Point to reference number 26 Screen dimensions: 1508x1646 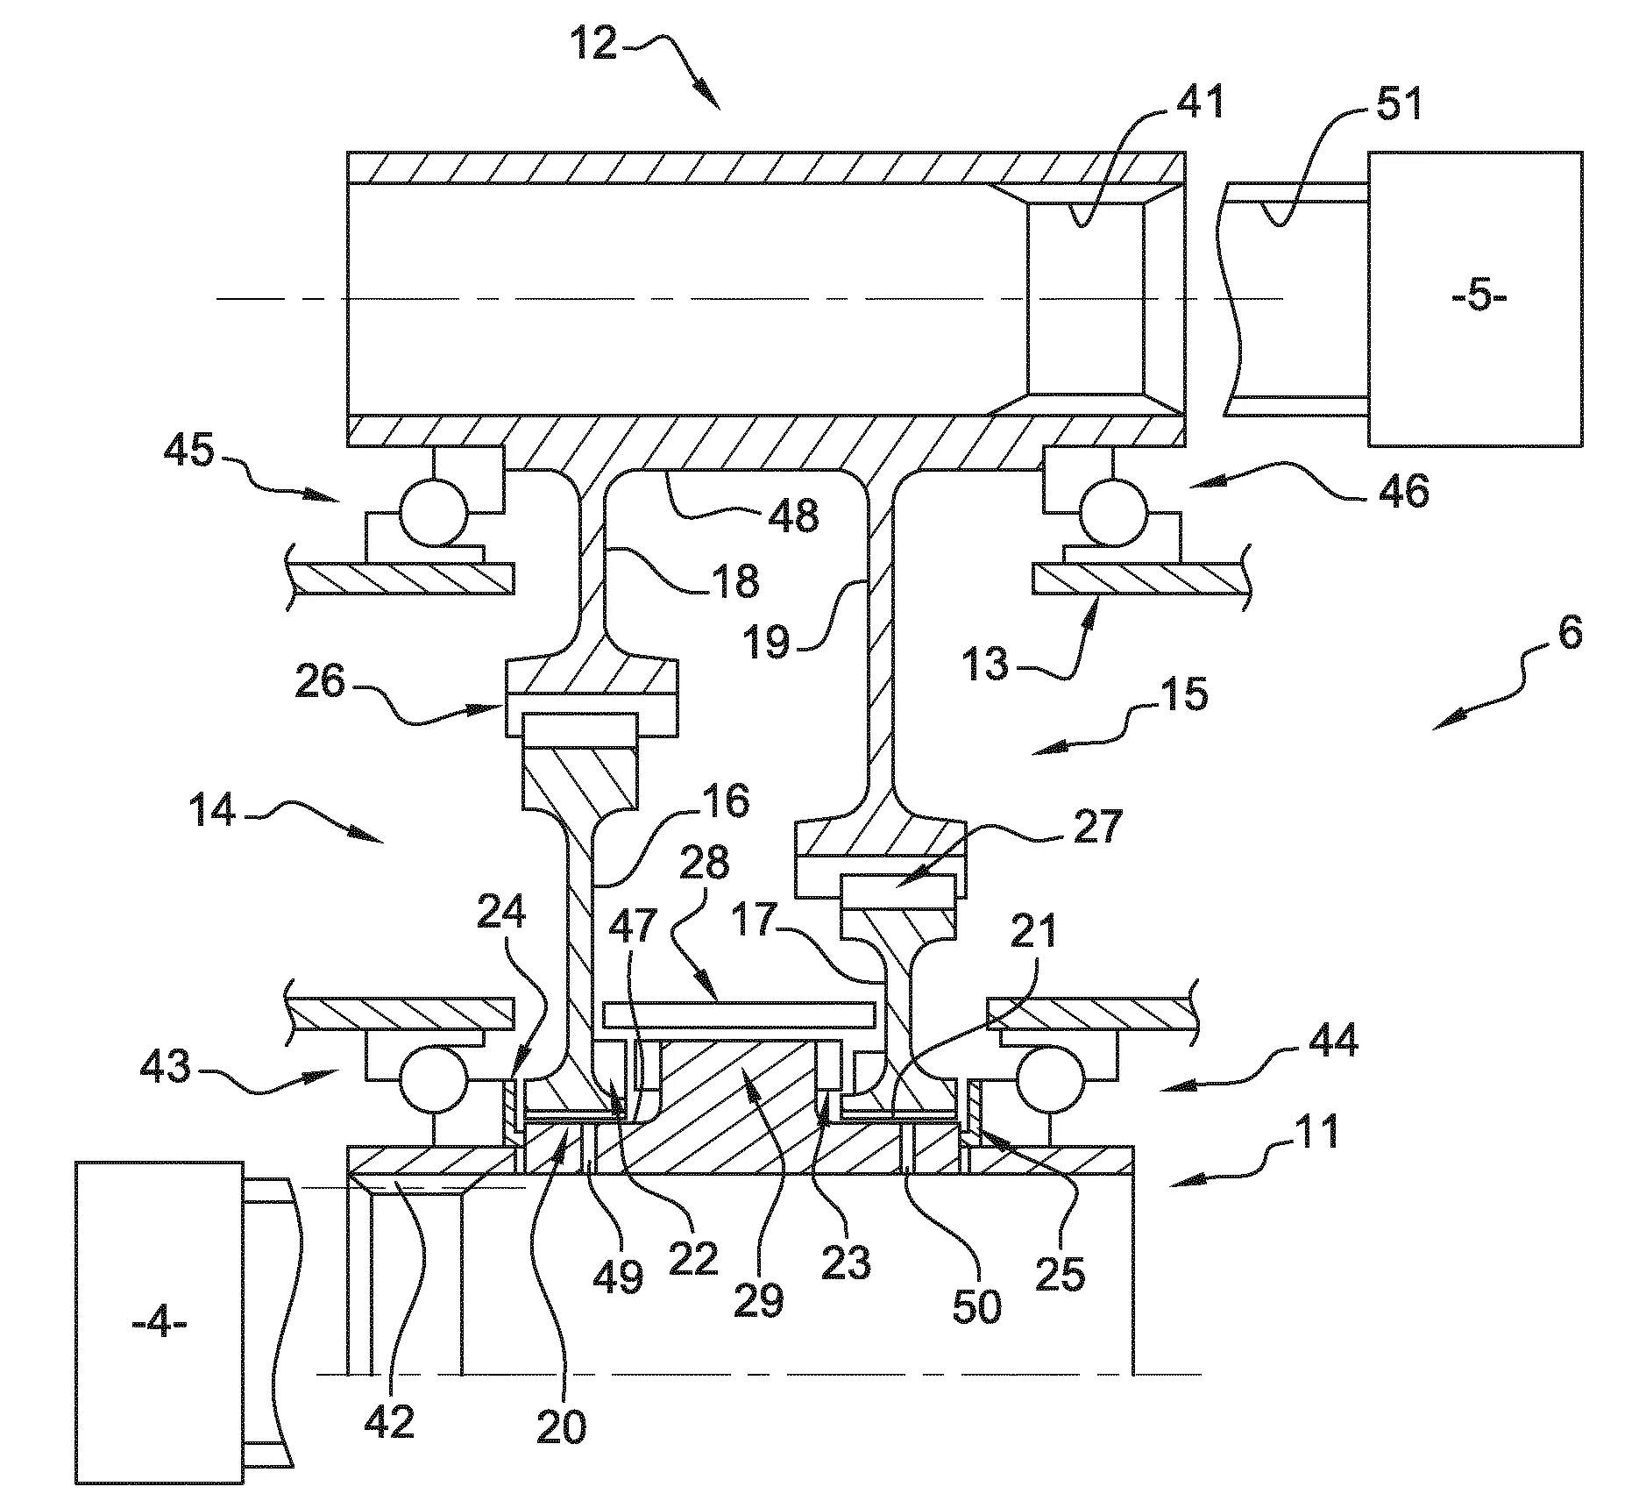coord(320,681)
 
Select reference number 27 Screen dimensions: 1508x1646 coord(1096,826)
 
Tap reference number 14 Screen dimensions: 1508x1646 coord(213,811)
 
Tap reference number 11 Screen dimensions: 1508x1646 coord(1314,1131)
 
